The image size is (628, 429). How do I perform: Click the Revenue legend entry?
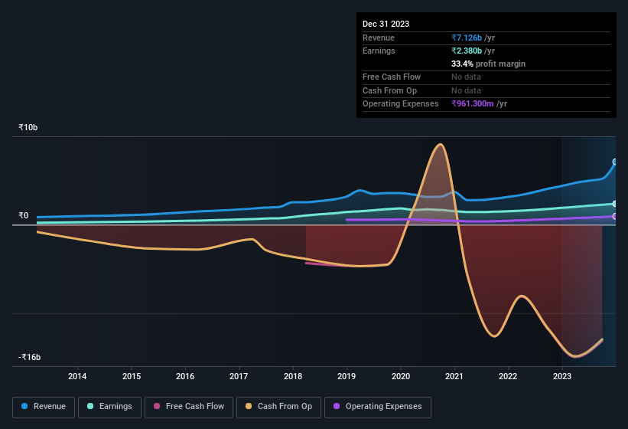point(44,407)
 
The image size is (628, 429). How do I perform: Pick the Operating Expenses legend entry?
point(377,407)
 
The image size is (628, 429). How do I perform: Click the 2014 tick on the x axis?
point(77,376)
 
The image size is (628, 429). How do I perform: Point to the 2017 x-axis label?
point(239,376)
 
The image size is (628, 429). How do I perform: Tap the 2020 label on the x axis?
point(400,376)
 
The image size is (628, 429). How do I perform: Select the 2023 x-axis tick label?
point(562,376)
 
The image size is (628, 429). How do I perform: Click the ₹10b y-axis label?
point(28,127)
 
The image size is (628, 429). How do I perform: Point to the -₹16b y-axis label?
point(30,357)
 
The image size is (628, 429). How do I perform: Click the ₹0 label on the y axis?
point(24,216)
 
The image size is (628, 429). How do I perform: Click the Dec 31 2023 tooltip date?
point(386,24)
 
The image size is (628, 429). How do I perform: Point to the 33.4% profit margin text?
point(488,64)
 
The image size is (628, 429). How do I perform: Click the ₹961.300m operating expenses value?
point(478,103)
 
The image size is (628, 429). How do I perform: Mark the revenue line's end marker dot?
point(615,162)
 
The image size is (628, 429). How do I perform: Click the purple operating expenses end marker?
point(615,217)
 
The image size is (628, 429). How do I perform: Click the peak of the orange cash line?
point(439,145)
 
